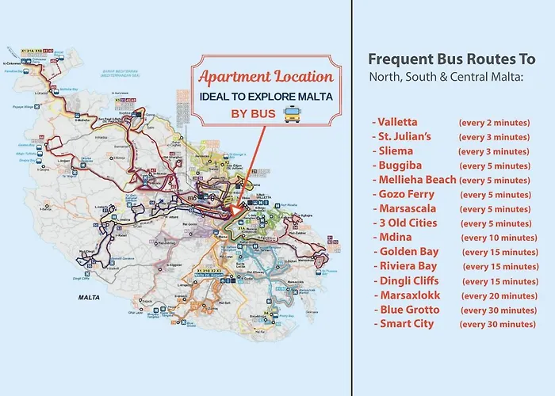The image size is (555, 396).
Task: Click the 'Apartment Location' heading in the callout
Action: pyautogui.click(x=265, y=77)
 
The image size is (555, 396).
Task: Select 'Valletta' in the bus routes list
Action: pyautogui.click(x=398, y=123)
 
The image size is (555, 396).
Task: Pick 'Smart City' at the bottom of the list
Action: pyautogui.click(x=404, y=323)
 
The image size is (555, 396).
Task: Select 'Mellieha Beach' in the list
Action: pyautogui.click(x=414, y=180)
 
